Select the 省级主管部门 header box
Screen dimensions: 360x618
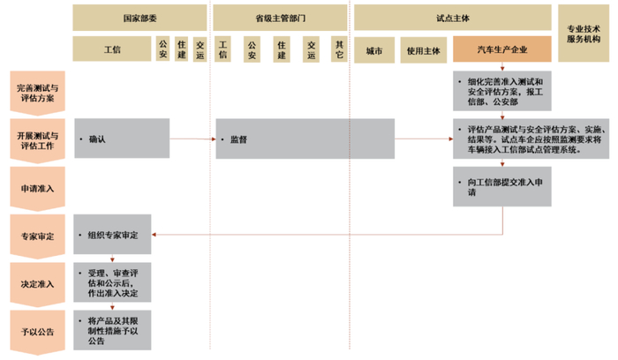(280, 17)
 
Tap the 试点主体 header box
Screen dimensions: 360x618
(453, 17)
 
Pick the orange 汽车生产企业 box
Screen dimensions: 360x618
(502, 49)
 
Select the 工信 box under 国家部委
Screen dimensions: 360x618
(111, 49)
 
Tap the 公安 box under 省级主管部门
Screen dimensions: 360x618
(252, 49)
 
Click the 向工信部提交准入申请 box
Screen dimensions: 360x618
(502, 187)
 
